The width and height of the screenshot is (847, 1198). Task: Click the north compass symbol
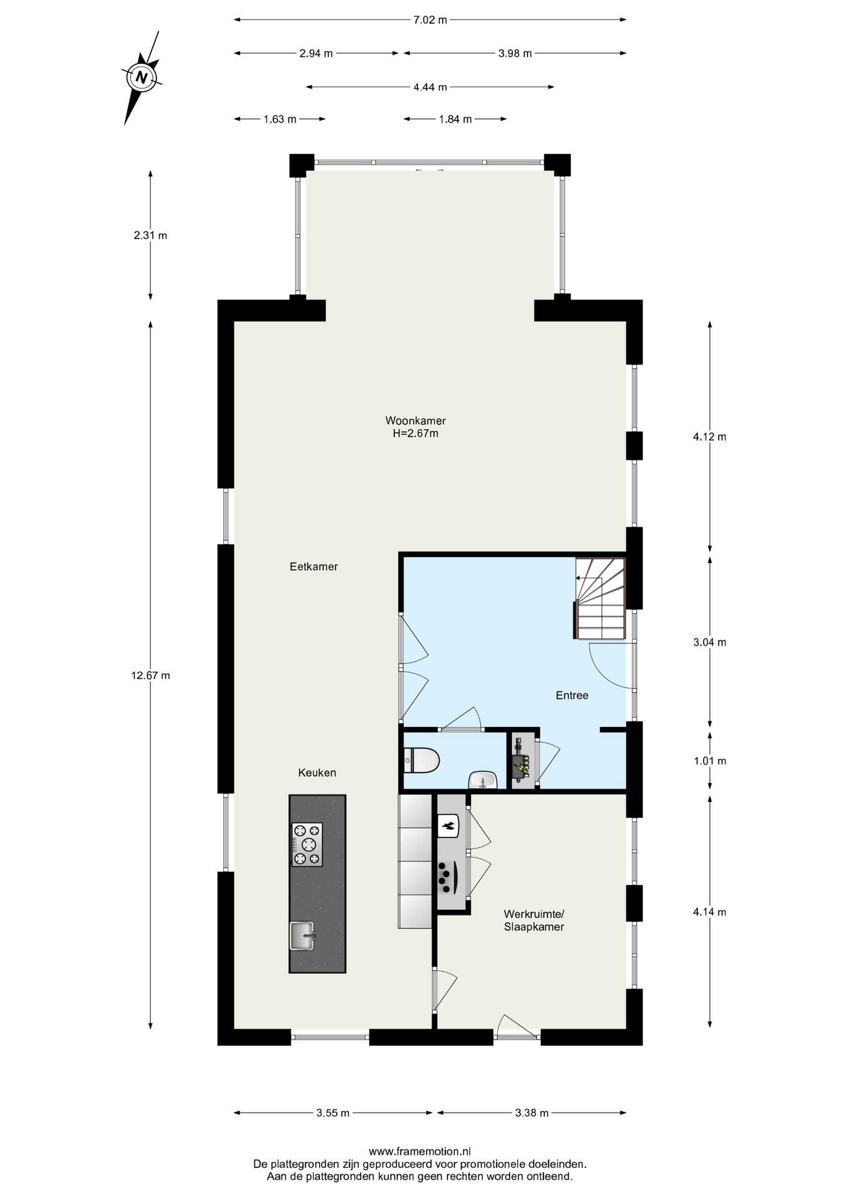(142, 78)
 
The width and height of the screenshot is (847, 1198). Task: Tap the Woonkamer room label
(415, 421)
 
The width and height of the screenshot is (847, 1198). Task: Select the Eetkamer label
(314, 567)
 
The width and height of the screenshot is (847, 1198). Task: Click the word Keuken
(317, 772)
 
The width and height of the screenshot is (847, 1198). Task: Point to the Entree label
(572, 695)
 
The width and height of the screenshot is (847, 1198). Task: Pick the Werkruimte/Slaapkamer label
(534, 920)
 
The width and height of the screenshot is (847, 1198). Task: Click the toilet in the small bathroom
(422, 761)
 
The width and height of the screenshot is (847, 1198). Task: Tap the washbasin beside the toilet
(483, 780)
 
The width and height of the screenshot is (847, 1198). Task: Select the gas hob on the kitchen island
(307, 844)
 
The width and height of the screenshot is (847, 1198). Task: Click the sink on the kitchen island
(302, 936)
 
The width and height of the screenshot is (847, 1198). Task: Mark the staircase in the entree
(599, 598)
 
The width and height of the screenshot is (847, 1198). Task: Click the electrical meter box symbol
(521, 761)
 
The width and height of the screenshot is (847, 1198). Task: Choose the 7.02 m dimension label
(430, 19)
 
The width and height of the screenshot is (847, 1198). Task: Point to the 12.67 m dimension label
(150, 675)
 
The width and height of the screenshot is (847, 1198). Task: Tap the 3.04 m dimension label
(710, 642)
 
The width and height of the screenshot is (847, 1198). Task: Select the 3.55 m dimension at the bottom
(333, 1113)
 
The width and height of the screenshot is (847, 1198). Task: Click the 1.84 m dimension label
(455, 119)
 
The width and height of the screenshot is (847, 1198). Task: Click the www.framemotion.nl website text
(420, 1151)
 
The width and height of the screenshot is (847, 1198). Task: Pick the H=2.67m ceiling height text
(415, 433)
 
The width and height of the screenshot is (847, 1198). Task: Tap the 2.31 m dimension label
(150, 235)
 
